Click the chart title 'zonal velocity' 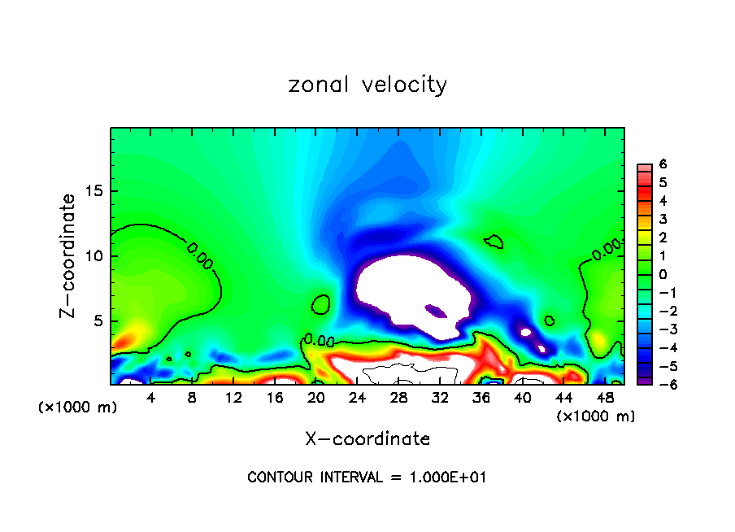[x=367, y=85]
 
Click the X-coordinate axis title [x=367, y=439]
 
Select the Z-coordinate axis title [x=68, y=255]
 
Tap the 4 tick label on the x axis [x=151, y=399]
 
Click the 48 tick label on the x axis [x=605, y=399]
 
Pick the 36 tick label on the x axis [x=481, y=399]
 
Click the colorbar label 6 [x=663, y=164]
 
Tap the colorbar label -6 [x=662, y=384]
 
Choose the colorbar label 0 [x=663, y=274]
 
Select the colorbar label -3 [x=662, y=329]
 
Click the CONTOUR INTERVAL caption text [x=367, y=477]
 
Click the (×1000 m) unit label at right [x=596, y=416]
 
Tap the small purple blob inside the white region [x=437, y=310]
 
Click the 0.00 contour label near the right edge [x=607, y=249]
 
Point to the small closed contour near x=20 [x=321, y=305]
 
